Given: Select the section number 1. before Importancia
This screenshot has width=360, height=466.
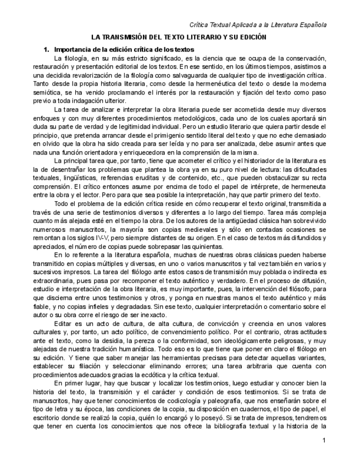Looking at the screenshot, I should pos(47,50).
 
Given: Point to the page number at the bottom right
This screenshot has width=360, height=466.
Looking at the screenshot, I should pos(324,441).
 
